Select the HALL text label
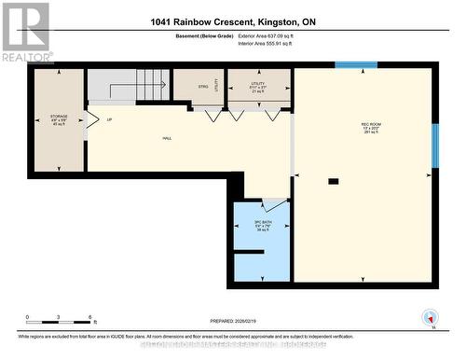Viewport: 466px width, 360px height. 167,138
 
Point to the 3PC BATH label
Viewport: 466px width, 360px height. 262,225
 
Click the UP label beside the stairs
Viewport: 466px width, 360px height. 109,120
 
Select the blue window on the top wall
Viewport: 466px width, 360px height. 356,65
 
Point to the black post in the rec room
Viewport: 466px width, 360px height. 332,180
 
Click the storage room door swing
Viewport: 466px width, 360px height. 90,120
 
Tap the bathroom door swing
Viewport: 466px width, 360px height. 274,204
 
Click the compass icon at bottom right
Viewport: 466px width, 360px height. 430,316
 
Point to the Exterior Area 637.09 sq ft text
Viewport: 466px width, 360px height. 265,35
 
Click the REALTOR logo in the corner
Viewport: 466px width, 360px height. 25,32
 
